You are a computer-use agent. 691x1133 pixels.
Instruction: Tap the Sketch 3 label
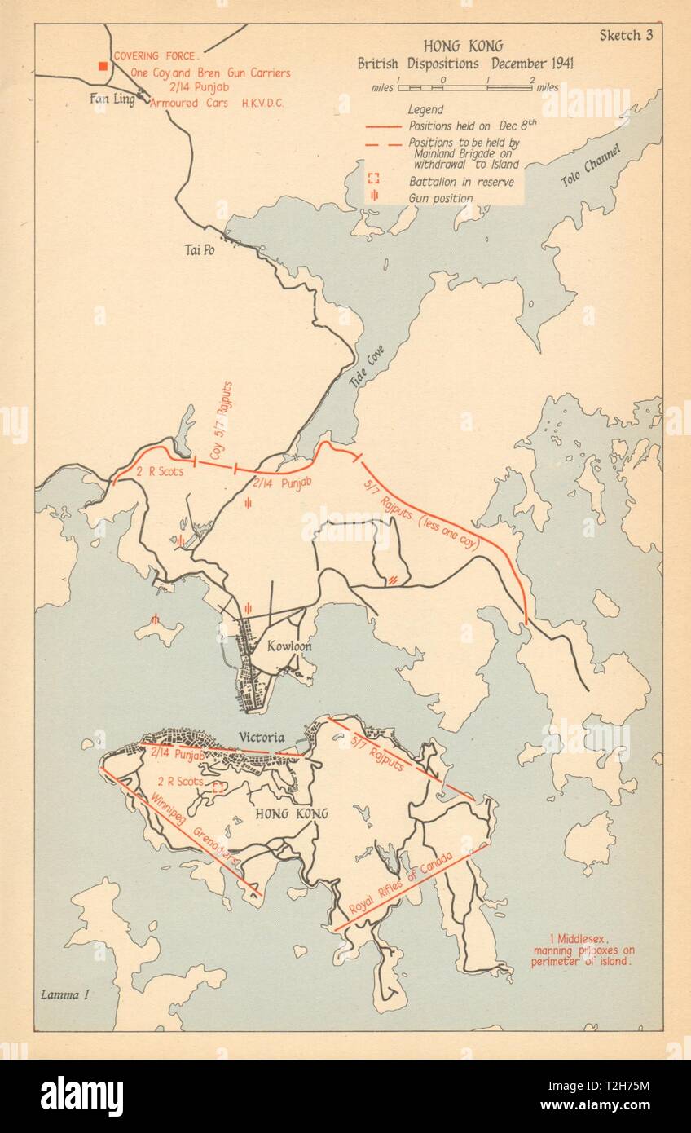pyautogui.click(x=631, y=35)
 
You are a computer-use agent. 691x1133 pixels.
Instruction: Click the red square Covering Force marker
pyautogui.click(x=103, y=66)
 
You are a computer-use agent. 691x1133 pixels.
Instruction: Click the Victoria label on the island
pyautogui.click(x=262, y=738)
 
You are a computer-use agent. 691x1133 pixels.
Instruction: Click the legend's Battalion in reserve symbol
pyautogui.click(x=374, y=181)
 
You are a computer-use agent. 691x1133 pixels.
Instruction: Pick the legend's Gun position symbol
pyautogui.click(x=374, y=198)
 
